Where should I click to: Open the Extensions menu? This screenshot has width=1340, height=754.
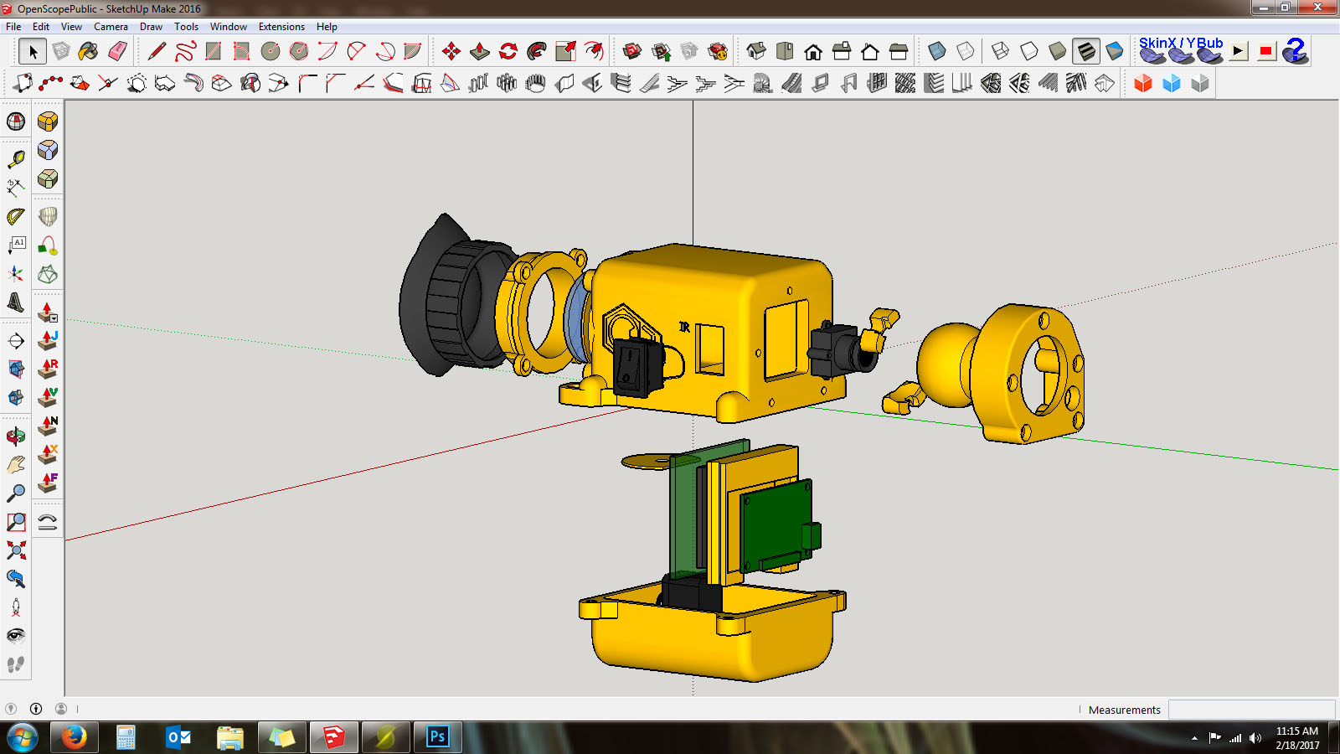click(281, 26)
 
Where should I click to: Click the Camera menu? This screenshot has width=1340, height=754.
click(111, 26)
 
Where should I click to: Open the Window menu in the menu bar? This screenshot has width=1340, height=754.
click(228, 26)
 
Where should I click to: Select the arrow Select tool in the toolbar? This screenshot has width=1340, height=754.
click(33, 51)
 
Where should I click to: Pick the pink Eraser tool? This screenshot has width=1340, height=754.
click(118, 51)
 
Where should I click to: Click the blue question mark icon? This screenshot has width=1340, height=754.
click(1296, 51)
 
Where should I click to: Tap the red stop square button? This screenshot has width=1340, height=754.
click(1265, 51)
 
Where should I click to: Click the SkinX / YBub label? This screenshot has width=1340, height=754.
click(1181, 43)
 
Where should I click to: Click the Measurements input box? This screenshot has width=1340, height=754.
click(1251, 710)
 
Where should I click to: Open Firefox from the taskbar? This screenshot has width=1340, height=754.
click(75, 736)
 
